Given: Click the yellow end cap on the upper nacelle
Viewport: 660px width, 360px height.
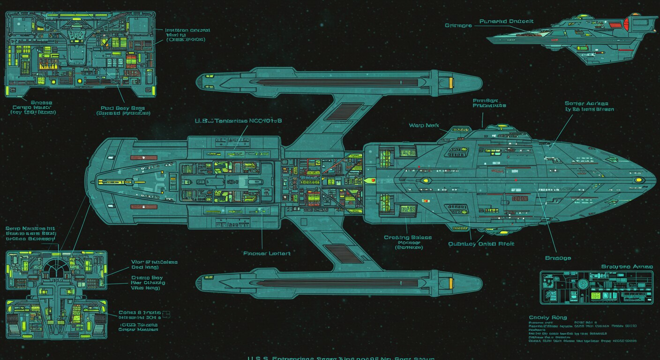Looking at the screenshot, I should (451, 83).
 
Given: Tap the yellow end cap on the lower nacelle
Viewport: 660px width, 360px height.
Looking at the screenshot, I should (451, 283).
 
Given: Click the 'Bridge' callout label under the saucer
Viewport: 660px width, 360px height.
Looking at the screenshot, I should (558, 258).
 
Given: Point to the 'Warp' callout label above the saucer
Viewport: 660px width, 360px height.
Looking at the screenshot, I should (424, 125).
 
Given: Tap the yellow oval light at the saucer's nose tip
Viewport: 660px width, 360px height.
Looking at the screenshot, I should (637, 180).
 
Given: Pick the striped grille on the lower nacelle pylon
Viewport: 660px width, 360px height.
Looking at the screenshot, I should (341, 253).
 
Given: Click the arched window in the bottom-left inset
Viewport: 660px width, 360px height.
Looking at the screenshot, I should (56, 267).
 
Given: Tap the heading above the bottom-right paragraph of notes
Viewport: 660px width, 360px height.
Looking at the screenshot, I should (547, 317).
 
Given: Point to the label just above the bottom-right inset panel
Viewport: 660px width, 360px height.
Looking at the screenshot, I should (627, 266).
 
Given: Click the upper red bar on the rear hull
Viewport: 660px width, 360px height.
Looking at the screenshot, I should (143, 157).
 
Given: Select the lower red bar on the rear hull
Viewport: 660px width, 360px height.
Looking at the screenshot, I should (143, 206).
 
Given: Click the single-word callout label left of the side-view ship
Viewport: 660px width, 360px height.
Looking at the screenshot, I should (458, 25).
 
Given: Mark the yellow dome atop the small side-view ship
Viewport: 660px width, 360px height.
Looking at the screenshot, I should (583, 16).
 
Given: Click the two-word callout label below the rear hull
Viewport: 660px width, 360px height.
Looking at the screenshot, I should (267, 253).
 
